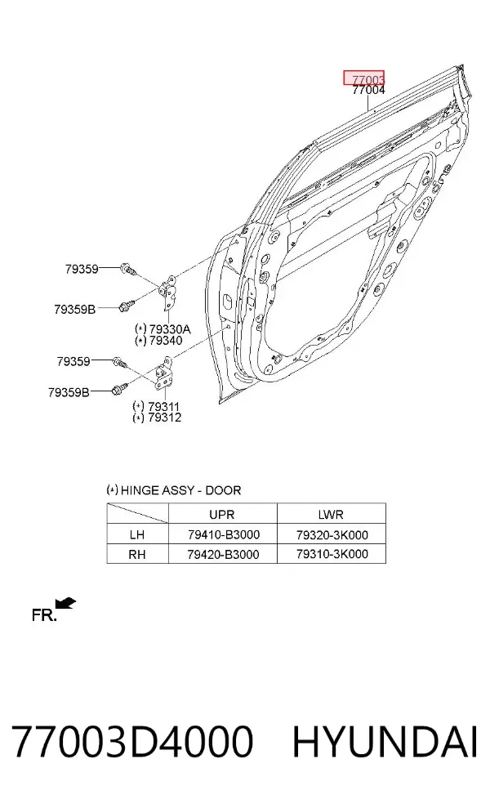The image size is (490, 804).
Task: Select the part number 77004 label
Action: coord(368,90)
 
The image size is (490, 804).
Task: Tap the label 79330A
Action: coord(170,328)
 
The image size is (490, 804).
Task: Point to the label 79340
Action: coord(166,340)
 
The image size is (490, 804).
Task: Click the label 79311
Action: coord(163,407)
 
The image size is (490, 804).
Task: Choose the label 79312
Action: coord(164,418)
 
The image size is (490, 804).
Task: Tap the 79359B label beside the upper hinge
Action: coord(75,309)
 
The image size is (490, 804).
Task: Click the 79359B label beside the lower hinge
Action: coord(69,392)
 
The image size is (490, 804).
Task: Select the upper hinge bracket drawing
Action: coord(167,293)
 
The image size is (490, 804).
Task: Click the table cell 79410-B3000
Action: coord(224,535)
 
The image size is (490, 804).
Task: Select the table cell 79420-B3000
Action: coord(224,554)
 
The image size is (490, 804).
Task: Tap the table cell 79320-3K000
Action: coord(332,535)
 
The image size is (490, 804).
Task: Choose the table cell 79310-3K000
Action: coord(332,554)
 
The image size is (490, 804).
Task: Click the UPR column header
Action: coord(222,514)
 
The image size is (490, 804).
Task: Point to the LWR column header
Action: coord(331,514)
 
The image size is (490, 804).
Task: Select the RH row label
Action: coord(137,554)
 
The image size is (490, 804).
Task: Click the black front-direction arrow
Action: coord(66,603)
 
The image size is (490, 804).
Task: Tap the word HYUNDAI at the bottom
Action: coord(385,741)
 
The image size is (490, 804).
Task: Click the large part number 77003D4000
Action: coord(132,741)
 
